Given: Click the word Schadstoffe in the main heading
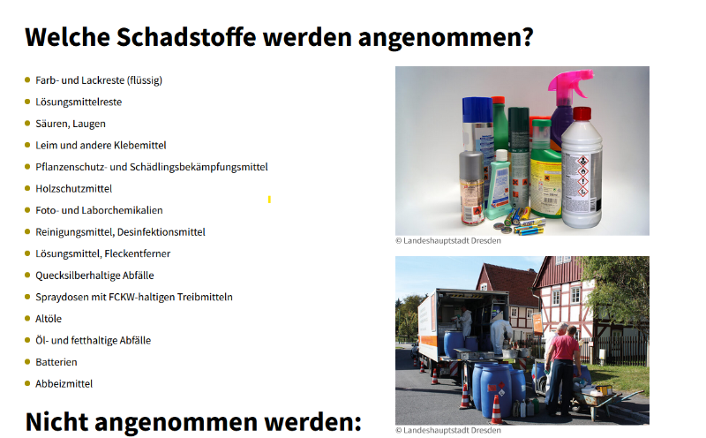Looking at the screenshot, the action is pos(186,37).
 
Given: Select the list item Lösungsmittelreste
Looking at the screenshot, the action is pos(79,102).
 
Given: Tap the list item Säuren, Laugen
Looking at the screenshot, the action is pos(71,124).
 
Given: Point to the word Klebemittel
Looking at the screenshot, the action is pos(140,145).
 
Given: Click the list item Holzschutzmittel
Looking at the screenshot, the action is pos(74,188).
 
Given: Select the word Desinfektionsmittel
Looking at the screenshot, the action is pos(161,232).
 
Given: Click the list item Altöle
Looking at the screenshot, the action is pos(49,319).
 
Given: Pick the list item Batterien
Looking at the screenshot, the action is pos(56,362).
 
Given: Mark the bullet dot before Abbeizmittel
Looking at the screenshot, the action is pos(27,383).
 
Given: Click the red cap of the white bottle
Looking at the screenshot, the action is pos(582,114).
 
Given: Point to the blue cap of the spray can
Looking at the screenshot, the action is pos(477,109).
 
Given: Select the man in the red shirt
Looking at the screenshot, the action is pos(561,368).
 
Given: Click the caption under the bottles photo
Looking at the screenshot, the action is pos(448,240).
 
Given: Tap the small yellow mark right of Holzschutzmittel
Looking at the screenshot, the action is pos(269,200).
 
